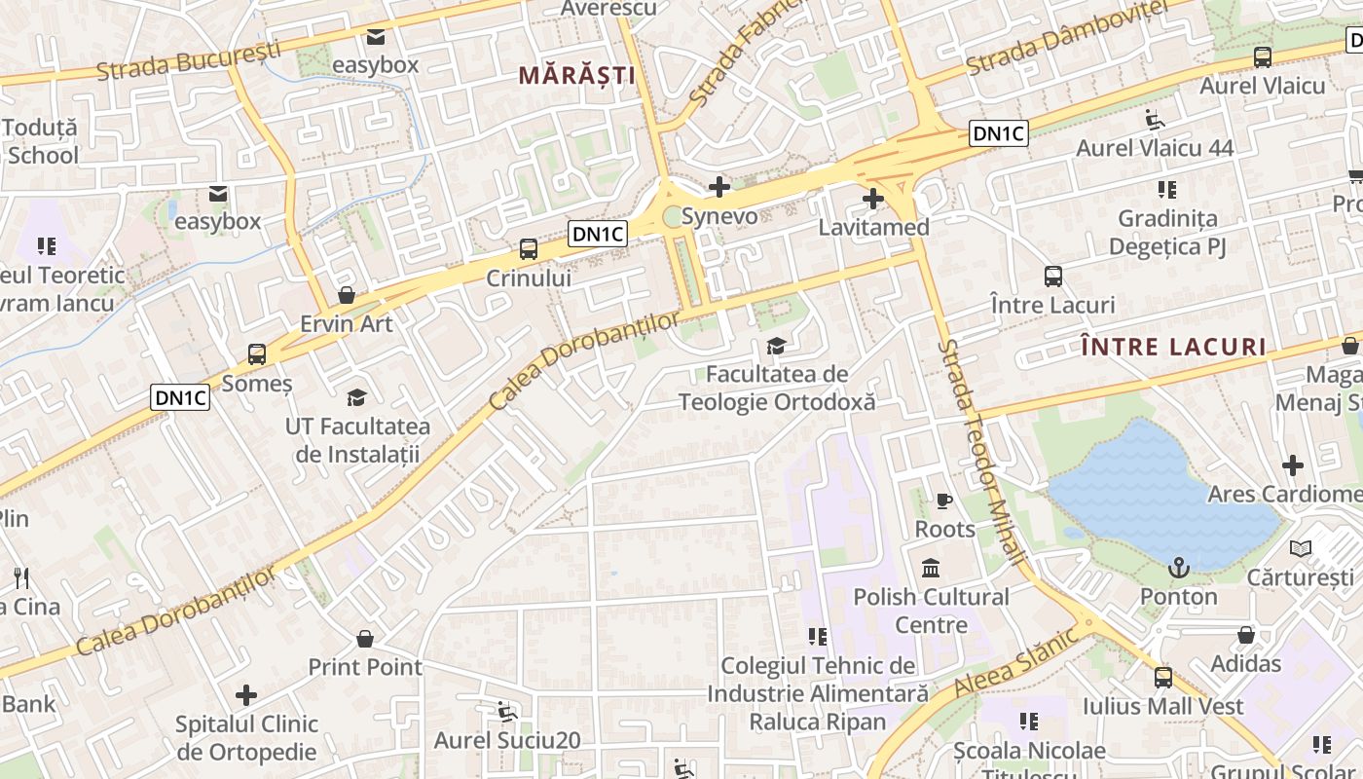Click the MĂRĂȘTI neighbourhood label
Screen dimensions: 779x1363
click(x=576, y=75)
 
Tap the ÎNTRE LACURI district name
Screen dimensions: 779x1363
click(x=1174, y=347)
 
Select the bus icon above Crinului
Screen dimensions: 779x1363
click(x=529, y=249)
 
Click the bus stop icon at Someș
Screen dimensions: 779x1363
click(x=257, y=354)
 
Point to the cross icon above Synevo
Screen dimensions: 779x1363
click(x=719, y=186)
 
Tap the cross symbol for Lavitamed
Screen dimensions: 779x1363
click(x=873, y=200)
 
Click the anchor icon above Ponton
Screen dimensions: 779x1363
click(x=1179, y=567)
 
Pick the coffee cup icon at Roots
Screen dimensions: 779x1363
click(x=943, y=501)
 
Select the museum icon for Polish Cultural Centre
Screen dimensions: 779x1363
click(x=931, y=568)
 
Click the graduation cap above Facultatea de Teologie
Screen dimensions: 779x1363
click(x=776, y=346)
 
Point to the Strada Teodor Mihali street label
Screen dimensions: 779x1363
click(x=981, y=452)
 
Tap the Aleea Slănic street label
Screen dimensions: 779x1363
click(x=1016, y=661)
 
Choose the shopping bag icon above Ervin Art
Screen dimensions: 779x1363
click(x=346, y=295)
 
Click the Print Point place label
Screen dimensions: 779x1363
click(x=365, y=667)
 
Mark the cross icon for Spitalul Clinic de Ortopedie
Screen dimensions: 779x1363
click(x=246, y=695)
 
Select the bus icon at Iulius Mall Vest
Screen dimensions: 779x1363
click(x=1162, y=677)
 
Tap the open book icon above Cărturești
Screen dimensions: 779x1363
click(x=1301, y=548)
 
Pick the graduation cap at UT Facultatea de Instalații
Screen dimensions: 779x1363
click(x=357, y=397)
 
